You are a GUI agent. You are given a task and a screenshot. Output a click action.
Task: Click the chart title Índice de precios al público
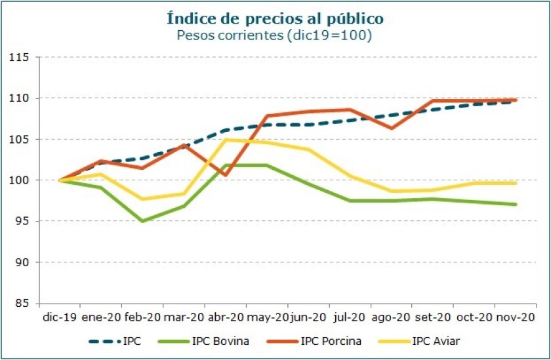tap(275, 18)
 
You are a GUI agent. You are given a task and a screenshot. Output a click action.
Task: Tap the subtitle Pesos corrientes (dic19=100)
tap(275, 35)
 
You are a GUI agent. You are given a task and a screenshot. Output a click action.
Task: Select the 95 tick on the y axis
tap(23, 221)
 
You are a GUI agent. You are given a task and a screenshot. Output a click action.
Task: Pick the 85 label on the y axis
tap(23, 303)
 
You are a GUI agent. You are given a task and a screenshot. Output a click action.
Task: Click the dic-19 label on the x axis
tap(60, 317)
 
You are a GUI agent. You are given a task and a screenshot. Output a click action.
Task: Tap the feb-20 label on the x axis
tap(143, 317)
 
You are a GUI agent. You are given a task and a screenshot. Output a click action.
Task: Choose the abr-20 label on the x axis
tap(226, 317)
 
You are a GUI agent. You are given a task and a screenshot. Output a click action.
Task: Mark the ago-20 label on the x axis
tap(391, 317)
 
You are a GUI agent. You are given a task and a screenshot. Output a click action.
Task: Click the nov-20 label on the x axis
tap(515, 317)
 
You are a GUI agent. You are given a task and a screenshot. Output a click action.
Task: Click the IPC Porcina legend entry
tap(312, 341)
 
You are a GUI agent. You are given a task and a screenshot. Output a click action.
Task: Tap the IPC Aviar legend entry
tap(416, 341)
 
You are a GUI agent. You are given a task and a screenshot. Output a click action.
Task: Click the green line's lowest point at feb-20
tap(142, 221)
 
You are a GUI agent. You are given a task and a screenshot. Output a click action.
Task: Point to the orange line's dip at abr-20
tap(225, 175)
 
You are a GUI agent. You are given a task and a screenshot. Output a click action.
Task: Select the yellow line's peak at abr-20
tap(225, 140)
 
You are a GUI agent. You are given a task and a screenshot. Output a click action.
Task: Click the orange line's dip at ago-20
tap(391, 128)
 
